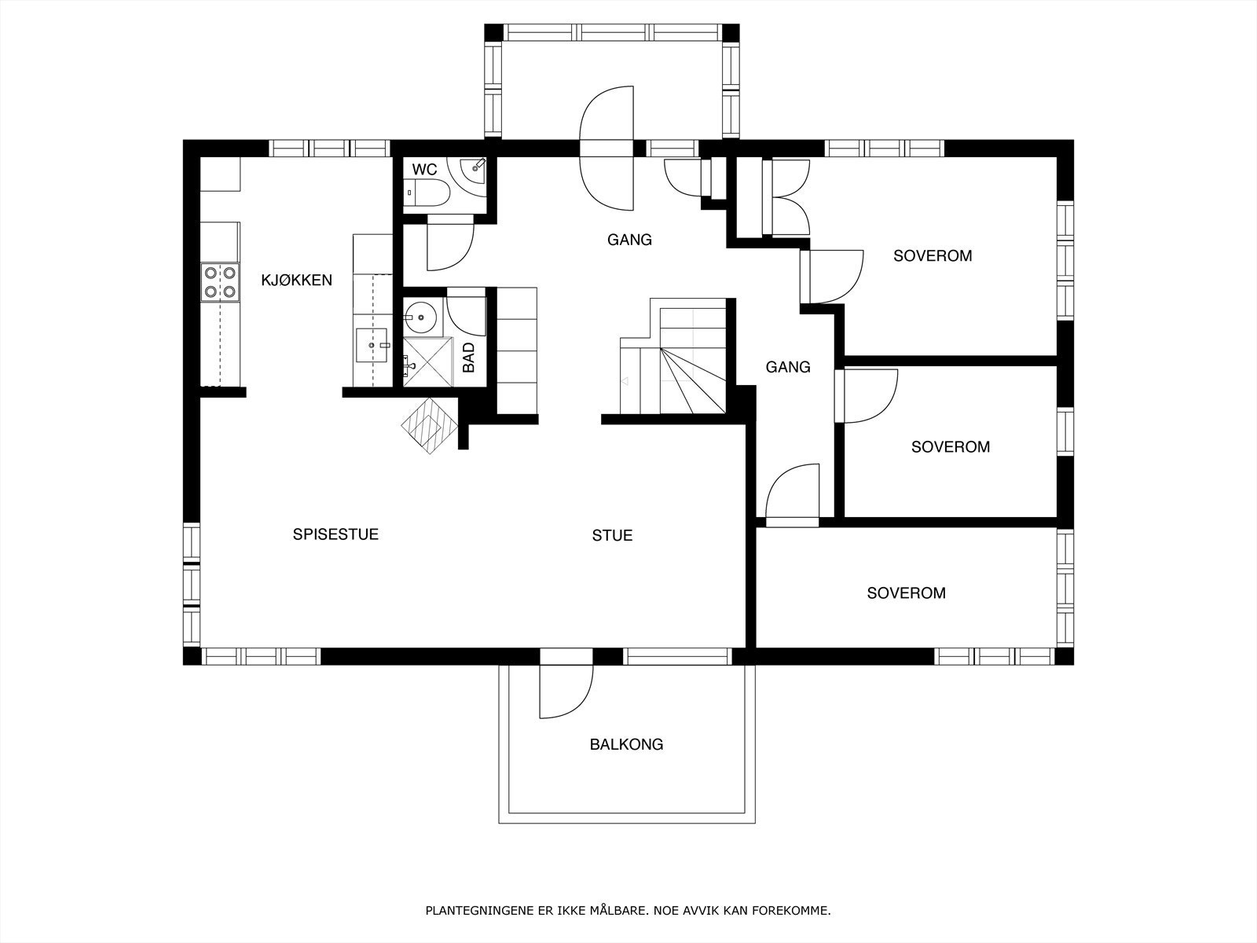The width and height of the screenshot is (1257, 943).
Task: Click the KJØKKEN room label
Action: [297, 280]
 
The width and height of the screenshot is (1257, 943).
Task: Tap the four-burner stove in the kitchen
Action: [220, 282]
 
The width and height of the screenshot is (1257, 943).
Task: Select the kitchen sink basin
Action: [372, 345]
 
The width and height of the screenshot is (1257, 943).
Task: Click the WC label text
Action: [424, 170]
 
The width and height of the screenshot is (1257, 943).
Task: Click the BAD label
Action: [468, 358]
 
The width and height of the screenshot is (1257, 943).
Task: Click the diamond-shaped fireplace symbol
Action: [430, 426]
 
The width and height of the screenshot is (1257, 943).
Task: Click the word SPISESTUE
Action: [335, 534]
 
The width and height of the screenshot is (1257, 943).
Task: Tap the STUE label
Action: [612, 535]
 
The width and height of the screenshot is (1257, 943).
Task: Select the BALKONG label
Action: [626, 744]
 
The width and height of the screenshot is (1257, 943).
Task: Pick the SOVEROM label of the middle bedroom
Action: [951, 446]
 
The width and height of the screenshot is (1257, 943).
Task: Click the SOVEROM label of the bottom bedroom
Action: [906, 593]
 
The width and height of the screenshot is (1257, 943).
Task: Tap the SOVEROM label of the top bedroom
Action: [933, 255]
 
